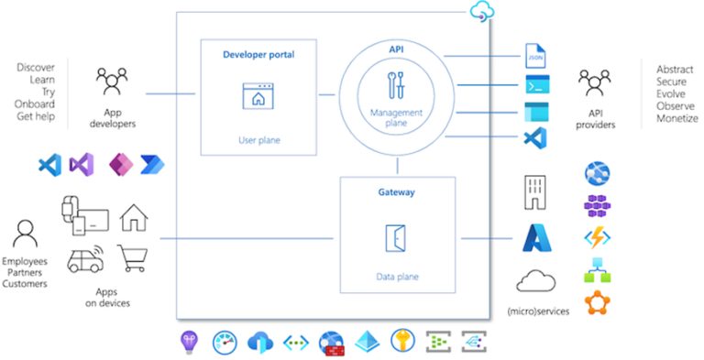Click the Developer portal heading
pyautogui.click(x=258, y=54)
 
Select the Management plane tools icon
pyautogui.click(x=397, y=85)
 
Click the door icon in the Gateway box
pyautogui.click(x=397, y=237)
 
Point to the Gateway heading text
pyautogui.click(x=397, y=193)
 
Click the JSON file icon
pyautogui.click(x=535, y=56)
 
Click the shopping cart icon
pyautogui.click(x=134, y=259)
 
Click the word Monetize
pyautogui.click(x=676, y=119)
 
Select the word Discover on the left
pyautogui.click(x=37, y=69)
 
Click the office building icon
pyautogui.click(x=536, y=191)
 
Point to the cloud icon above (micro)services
pyautogui.click(x=537, y=281)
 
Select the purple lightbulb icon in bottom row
pyautogui.click(x=187, y=343)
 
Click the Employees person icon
pyautogui.click(x=25, y=232)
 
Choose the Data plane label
pyautogui.click(x=397, y=274)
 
